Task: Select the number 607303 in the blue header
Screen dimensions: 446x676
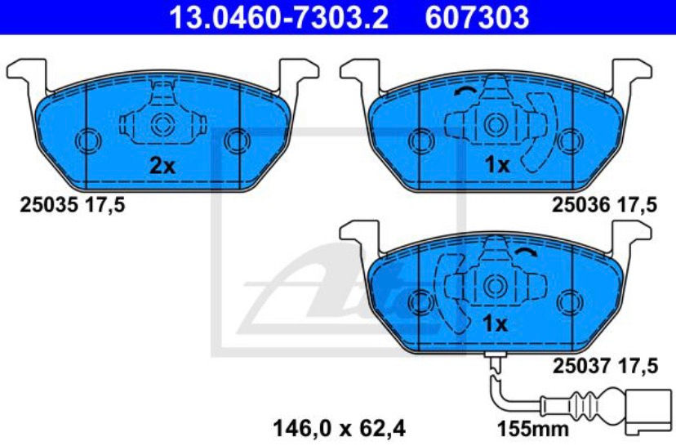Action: [x=477, y=16]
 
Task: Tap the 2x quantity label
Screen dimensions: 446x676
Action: [x=162, y=166]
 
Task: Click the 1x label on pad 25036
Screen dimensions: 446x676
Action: [x=496, y=166]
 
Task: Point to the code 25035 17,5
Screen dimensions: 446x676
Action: [x=72, y=207]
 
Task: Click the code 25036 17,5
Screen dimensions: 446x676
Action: [x=604, y=207]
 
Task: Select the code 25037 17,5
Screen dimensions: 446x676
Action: [x=604, y=365]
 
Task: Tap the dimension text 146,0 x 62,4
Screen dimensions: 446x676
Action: [x=337, y=426]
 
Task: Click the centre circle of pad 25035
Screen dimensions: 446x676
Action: [x=162, y=125]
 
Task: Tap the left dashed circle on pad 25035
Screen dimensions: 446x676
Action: [x=86, y=140]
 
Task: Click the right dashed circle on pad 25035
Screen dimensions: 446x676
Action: [x=237, y=140]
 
